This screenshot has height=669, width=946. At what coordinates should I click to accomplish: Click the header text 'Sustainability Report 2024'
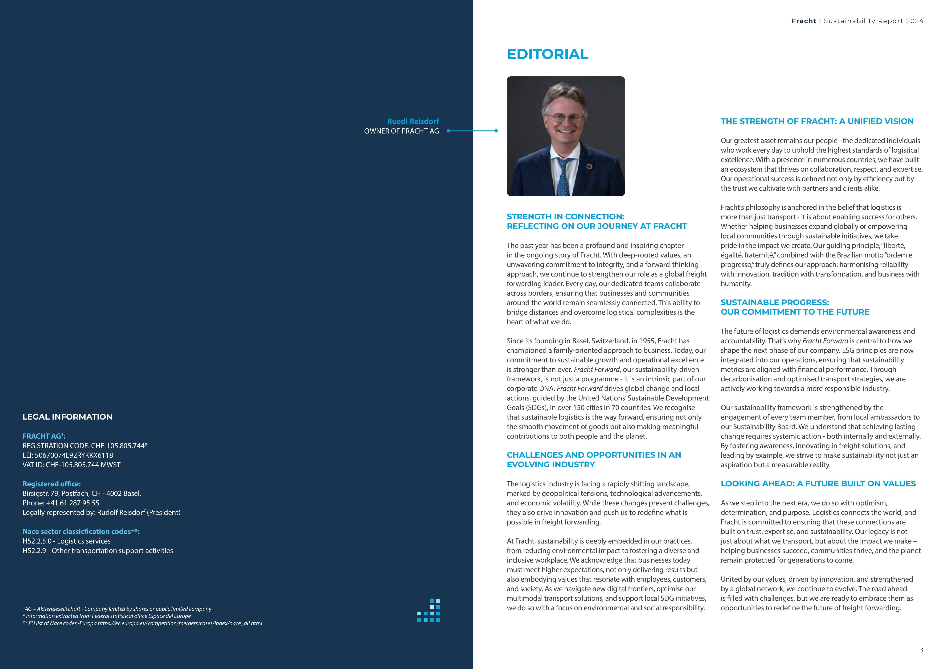click(x=874, y=21)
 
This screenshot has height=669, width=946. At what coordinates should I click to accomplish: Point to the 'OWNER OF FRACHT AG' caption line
click(x=401, y=131)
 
